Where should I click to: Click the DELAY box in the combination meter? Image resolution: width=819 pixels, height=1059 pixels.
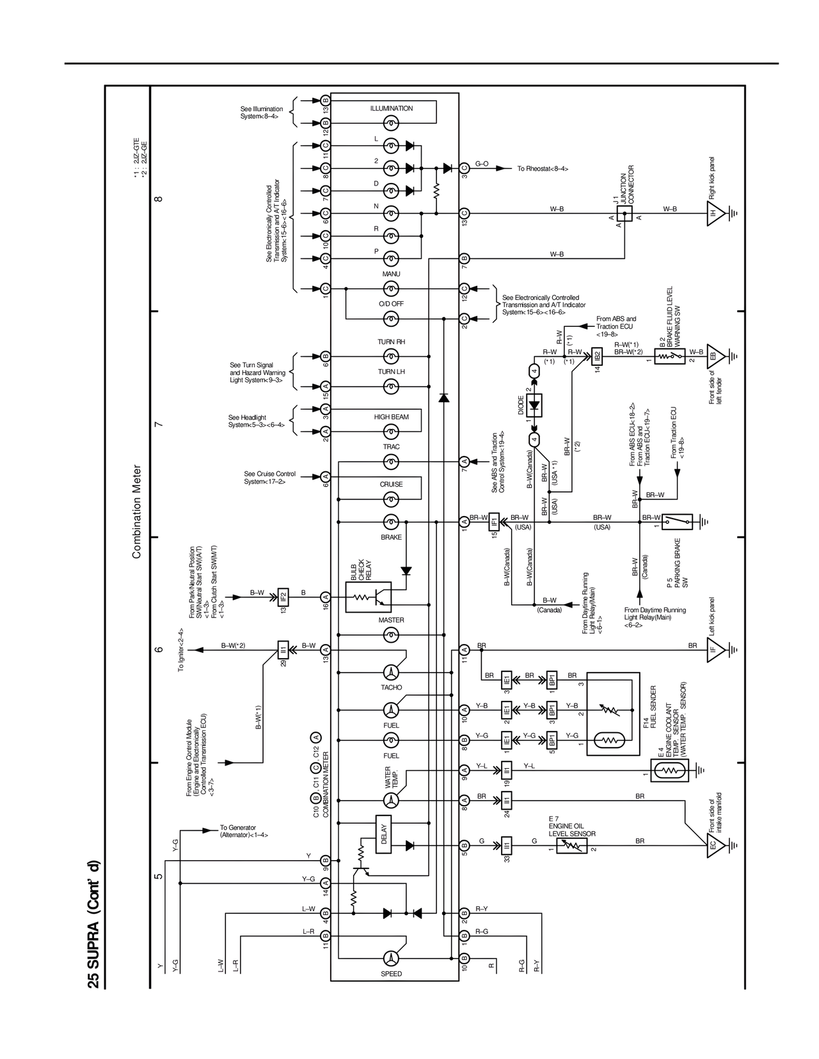click(385, 835)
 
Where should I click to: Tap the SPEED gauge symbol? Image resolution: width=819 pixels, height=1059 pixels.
click(391, 958)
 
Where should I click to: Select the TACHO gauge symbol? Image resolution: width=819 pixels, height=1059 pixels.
click(391, 672)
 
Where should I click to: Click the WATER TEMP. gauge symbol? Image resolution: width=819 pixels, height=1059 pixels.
click(391, 800)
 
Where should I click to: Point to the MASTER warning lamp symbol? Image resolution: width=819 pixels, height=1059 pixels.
click(391, 634)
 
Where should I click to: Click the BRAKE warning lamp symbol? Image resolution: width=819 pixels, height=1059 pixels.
click(391, 522)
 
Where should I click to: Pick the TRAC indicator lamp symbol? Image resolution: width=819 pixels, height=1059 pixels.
click(391, 461)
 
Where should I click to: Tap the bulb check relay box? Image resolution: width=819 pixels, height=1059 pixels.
click(369, 597)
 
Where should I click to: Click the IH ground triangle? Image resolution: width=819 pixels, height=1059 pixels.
click(715, 213)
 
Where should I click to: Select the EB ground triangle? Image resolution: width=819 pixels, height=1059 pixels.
click(715, 356)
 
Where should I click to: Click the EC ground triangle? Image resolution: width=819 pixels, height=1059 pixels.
click(715, 845)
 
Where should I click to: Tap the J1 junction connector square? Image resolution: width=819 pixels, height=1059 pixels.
click(624, 213)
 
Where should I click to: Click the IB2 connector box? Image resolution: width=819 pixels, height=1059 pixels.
click(597, 356)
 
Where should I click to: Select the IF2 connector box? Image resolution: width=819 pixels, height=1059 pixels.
click(283, 597)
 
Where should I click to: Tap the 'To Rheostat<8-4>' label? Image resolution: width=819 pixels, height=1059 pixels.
click(543, 169)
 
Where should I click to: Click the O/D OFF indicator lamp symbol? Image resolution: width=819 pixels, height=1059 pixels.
click(391, 318)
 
